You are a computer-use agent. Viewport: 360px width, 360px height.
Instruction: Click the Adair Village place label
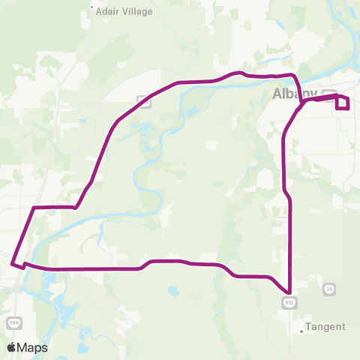[x=124, y=11]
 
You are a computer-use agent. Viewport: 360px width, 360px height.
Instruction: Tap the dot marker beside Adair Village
[x=92, y=10]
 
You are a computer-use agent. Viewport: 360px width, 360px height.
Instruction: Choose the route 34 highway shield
[x=329, y=289]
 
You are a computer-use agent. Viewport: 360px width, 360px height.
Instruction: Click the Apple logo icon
[x=12, y=347]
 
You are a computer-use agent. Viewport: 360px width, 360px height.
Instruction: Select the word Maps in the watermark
[x=34, y=347]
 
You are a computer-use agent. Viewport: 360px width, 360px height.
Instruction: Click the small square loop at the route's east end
[x=343, y=103]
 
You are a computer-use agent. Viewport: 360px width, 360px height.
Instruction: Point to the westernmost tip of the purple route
[x=12, y=262]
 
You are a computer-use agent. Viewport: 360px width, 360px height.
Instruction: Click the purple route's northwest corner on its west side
[x=34, y=206]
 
